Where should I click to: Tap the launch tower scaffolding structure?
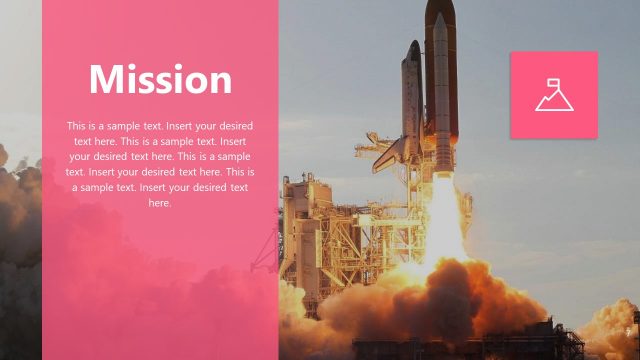coord(310,230)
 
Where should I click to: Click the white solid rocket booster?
coord(442,100)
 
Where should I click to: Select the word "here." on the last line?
coord(160,203)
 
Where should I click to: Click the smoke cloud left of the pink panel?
coord(18,200)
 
